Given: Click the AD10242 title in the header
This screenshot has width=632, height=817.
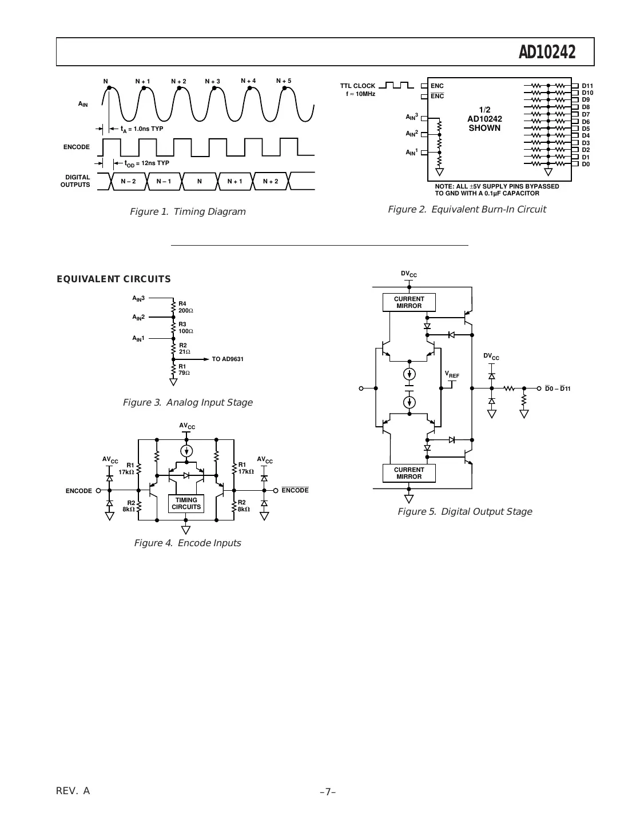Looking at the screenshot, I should pyautogui.click(x=546, y=53).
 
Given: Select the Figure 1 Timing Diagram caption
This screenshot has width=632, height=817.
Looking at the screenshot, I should pyautogui.click(x=188, y=212).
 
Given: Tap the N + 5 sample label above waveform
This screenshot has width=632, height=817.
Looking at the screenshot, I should pyautogui.click(x=284, y=81).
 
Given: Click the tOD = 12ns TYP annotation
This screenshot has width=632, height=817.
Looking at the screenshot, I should pyautogui.click(x=146, y=163).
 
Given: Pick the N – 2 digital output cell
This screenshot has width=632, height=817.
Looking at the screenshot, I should pyautogui.click(x=129, y=182).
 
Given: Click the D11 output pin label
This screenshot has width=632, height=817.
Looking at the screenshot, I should pyautogui.click(x=587, y=86).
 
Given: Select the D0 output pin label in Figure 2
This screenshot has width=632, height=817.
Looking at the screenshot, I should pyautogui.click(x=586, y=165).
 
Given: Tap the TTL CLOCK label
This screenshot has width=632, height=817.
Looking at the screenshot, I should pyautogui.click(x=357, y=86).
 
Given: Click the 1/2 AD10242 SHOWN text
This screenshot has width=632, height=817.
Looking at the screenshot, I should pyautogui.click(x=484, y=119).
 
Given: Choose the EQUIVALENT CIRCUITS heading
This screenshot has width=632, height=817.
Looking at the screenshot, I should pyautogui.click(x=113, y=279).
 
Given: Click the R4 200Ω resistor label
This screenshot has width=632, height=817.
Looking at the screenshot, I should pyautogui.click(x=185, y=307).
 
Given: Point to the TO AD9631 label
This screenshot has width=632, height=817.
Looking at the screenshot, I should pyautogui.click(x=228, y=359).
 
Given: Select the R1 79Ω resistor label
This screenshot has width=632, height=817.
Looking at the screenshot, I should pyautogui.click(x=184, y=370).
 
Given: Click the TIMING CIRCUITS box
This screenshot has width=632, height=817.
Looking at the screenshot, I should pyautogui.click(x=186, y=503).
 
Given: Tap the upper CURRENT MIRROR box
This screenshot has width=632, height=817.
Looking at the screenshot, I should pyautogui.click(x=409, y=302).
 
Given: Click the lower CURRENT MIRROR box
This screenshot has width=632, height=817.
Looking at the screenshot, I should pyautogui.click(x=409, y=473).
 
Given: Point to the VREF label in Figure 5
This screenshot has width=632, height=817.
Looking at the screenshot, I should pyautogui.click(x=452, y=375).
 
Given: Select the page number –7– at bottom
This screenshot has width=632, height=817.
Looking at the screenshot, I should pyautogui.click(x=328, y=792).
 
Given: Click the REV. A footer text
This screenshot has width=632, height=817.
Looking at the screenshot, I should pyautogui.click(x=73, y=791).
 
